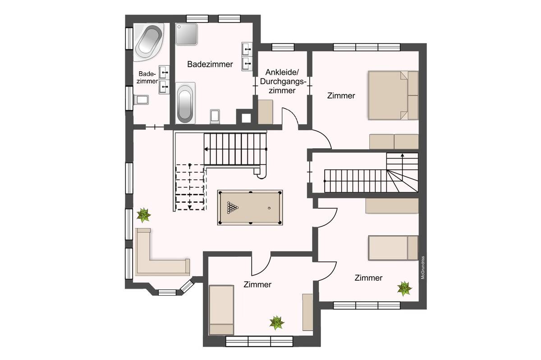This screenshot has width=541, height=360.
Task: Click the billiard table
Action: click(250, 208)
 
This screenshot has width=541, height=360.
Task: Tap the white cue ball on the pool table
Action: click(269, 208)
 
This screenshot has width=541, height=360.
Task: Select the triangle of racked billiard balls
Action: click(232, 208)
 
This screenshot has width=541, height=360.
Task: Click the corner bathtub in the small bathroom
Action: click(148, 42)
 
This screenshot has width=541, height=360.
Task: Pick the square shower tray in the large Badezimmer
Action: click(186, 34)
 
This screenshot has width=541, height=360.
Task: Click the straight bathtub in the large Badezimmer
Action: click(185, 103)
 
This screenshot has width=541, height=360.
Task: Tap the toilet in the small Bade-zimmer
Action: click(141, 100)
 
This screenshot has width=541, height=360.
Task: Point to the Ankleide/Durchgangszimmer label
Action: click(282, 82)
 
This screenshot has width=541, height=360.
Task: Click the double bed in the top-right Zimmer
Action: click(393, 96)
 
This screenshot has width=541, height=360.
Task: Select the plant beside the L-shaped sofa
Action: click(144, 215)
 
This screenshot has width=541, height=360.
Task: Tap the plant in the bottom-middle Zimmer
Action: click(277, 323)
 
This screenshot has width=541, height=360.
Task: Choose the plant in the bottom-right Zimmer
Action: click(404, 288)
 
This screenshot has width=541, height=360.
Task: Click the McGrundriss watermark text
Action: click(423, 268)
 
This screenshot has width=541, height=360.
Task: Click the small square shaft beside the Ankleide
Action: click(246, 118)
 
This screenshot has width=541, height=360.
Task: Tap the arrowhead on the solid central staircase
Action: click(206, 149)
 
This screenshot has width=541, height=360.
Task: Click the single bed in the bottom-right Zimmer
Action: click(393, 248)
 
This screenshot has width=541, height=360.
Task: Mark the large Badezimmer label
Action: click(210, 64)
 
